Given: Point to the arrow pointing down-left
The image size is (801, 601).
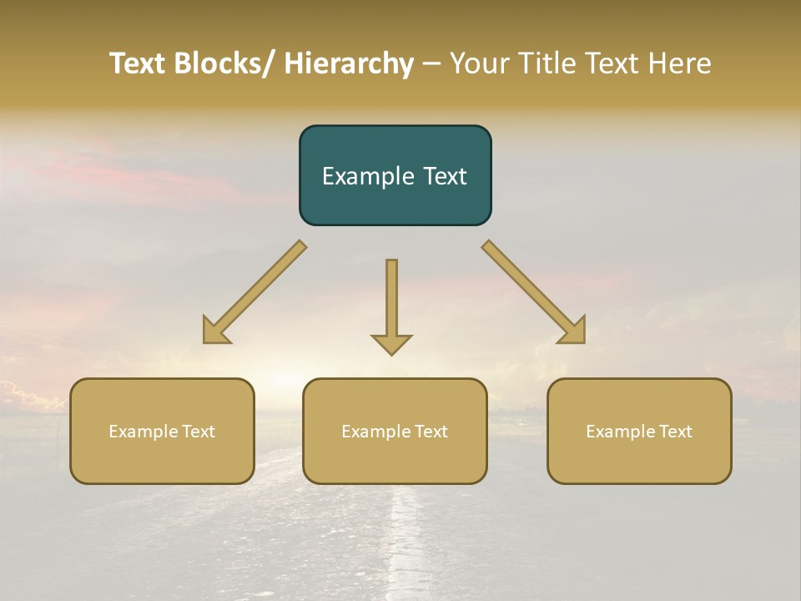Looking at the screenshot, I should coord(254,292).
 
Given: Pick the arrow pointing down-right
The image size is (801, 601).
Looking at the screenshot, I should coord(534,292).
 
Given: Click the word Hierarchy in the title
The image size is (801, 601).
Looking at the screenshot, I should coord(349,63).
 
